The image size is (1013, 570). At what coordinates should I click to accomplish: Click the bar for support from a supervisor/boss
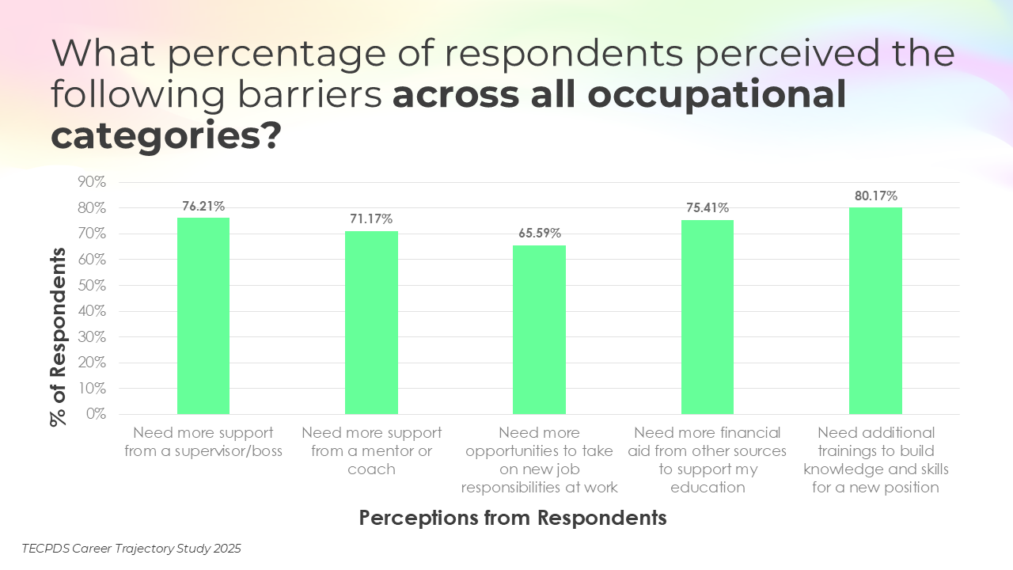[203, 316]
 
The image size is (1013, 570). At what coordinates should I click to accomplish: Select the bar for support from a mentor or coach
[371, 322]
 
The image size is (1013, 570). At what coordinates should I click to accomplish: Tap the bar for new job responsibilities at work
[539, 329]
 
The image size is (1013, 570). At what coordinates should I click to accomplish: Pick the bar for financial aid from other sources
[708, 317]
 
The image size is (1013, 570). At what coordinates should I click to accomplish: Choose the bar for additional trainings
[875, 310]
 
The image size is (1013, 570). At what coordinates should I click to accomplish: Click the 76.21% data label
[203, 206]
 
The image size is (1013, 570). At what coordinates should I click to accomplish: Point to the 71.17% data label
[371, 218]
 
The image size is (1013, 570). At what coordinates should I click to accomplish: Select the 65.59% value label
[539, 233]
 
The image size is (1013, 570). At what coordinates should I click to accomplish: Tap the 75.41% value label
[708, 207]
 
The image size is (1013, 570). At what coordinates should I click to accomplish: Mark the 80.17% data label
[875, 195]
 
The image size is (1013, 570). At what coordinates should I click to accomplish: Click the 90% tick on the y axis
[91, 182]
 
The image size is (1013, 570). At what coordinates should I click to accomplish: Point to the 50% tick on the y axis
[91, 285]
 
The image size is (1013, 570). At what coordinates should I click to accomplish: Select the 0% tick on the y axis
[95, 414]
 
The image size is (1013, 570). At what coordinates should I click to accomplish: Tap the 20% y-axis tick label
[91, 363]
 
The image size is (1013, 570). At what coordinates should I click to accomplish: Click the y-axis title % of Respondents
[59, 336]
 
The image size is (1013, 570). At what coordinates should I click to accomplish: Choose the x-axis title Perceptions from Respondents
[513, 518]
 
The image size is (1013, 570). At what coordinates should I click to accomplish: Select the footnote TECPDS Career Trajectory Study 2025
[131, 548]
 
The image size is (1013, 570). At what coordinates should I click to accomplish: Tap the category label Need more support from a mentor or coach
[371, 451]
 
